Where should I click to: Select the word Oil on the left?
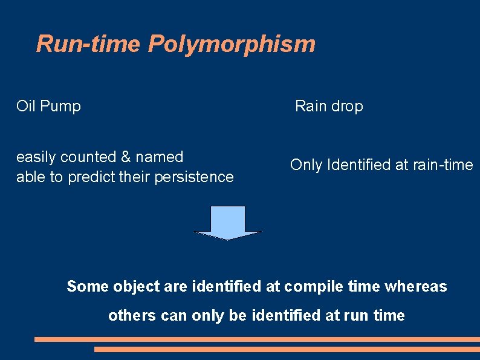25,106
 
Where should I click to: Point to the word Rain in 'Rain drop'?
310,106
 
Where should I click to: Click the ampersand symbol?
126,157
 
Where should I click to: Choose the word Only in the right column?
306,165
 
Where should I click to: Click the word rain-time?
443,165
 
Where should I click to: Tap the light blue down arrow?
227,222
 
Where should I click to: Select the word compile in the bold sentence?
314,286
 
